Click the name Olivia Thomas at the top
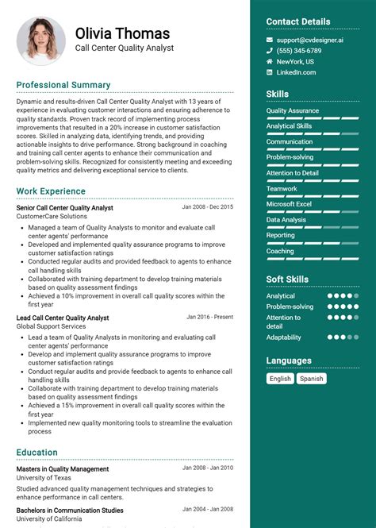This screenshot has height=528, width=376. pos(122,33)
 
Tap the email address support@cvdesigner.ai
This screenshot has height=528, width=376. pos(310,40)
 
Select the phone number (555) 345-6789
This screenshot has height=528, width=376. pos(299,51)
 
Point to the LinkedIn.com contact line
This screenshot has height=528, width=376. pos(296,72)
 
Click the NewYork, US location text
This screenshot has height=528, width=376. pos(295,61)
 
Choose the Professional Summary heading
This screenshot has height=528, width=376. pos(63,85)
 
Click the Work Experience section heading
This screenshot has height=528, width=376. pos(51,191)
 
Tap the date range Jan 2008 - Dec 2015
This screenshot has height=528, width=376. pos(208,207)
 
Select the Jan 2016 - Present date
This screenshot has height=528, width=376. pos(209,317)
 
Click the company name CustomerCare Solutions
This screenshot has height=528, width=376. pos(52,216)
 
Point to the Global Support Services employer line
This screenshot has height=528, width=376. pos(51,326)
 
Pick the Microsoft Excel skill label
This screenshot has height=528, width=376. pos(289,204)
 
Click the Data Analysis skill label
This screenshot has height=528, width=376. pos(286,220)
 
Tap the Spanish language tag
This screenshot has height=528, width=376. pos(311,379)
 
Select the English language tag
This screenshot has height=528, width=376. pos(280,379)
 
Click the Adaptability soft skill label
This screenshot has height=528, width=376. pos(284,337)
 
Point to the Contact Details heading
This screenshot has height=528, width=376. pos(297,21)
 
